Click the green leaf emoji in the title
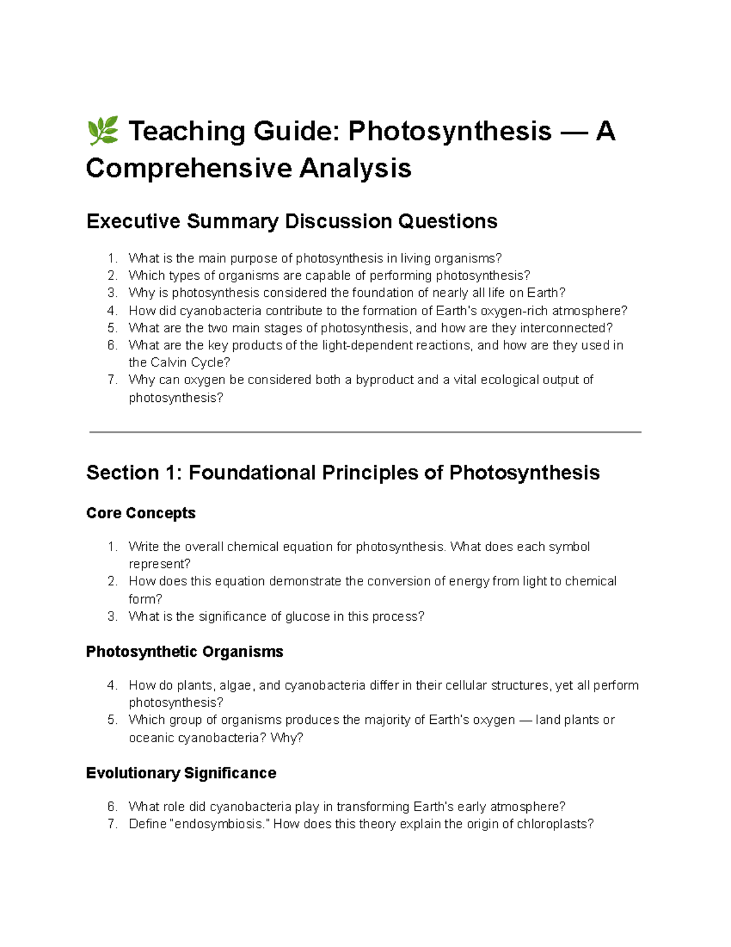tap(102, 132)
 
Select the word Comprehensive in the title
tap(188, 168)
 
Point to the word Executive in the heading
tap(133, 221)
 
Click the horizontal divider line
tap(365, 432)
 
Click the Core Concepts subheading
tap(141, 513)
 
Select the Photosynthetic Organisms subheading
tap(185, 652)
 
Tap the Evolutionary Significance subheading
tap(181, 773)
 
